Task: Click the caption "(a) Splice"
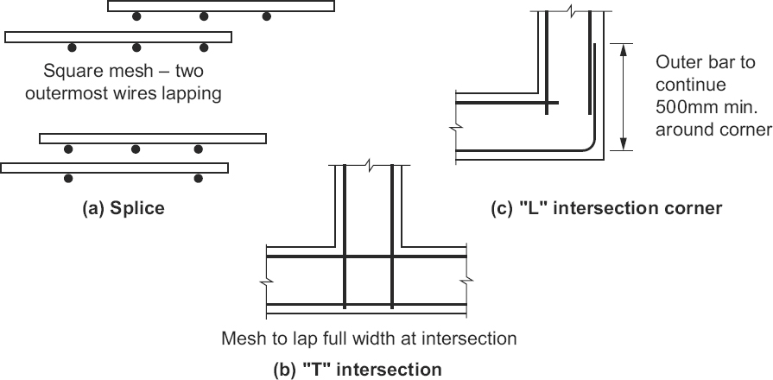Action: [123, 208]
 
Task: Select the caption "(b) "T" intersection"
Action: [357, 370]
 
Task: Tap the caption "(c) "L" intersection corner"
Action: [606, 208]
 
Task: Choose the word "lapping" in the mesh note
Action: [193, 93]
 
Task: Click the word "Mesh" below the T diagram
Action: [243, 338]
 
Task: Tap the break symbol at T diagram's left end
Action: [266, 281]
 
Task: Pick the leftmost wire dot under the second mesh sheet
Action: [72, 47]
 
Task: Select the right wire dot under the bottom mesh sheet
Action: [199, 179]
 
